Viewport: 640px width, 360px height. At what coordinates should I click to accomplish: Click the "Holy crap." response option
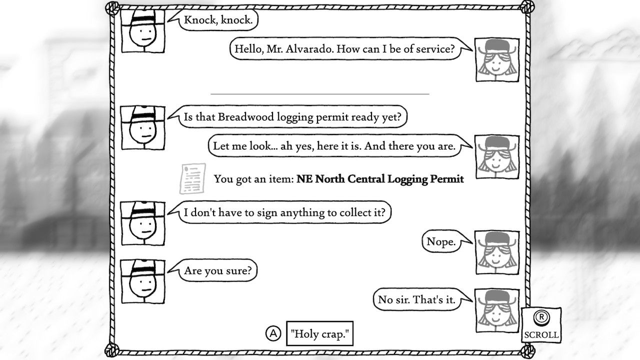point(319,333)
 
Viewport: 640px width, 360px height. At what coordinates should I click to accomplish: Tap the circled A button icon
point(273,333)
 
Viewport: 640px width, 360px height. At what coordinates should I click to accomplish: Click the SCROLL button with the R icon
point(540,325)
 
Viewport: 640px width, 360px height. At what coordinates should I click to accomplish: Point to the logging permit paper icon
point(192,178)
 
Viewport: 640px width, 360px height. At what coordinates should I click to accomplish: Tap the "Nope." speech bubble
point(441,242)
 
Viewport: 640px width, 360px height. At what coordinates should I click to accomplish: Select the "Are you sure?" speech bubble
point(220,270)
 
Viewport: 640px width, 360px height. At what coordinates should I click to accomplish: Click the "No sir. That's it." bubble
point(416,299)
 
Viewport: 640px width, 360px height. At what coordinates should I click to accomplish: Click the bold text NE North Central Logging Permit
point(380,179)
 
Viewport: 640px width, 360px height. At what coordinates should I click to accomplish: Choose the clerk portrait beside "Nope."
point(497,252)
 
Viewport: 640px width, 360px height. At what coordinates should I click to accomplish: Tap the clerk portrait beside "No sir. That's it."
point(497,310)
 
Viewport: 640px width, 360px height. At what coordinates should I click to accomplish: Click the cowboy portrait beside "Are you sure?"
point(143,281)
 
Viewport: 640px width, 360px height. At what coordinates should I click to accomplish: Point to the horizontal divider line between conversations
point(320,93)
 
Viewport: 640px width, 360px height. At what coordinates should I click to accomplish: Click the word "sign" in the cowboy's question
point(265,212)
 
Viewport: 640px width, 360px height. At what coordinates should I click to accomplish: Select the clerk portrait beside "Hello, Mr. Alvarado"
point(497,59)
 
